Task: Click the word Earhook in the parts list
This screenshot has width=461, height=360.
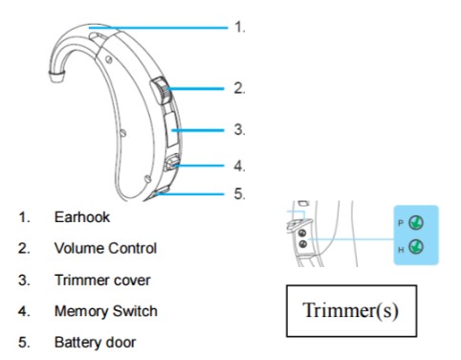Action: pos(82,217)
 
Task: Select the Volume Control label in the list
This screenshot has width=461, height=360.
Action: pos(105,248)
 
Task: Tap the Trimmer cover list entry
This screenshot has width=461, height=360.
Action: pos(102,280)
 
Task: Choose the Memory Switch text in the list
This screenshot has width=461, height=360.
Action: pos(106,311)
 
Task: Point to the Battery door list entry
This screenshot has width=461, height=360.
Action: pos(95,343)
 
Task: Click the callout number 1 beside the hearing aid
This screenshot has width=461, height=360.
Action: pos(240,27)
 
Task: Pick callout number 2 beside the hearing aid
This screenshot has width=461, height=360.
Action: pos(239,88)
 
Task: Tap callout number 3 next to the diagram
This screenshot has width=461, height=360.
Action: pos(239,129)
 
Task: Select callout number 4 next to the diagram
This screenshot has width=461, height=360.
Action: pos(239,166)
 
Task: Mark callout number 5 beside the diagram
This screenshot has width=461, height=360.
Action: pos(239,193)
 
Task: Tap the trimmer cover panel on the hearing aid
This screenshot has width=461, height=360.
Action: pos(172,128)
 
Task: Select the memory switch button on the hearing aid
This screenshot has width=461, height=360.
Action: pos(172,163)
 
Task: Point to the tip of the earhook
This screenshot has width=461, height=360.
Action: pos(57,78)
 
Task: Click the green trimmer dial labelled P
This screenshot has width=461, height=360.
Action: pos(416,223)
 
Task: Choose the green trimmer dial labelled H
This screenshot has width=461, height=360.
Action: pos(416,247)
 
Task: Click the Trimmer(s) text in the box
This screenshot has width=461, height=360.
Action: pos(350,310)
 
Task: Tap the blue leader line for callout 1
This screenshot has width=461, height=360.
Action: pos(159,28)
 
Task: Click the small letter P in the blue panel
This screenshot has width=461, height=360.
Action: pos(401,223)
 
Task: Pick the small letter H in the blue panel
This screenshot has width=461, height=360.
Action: pos(401,250)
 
